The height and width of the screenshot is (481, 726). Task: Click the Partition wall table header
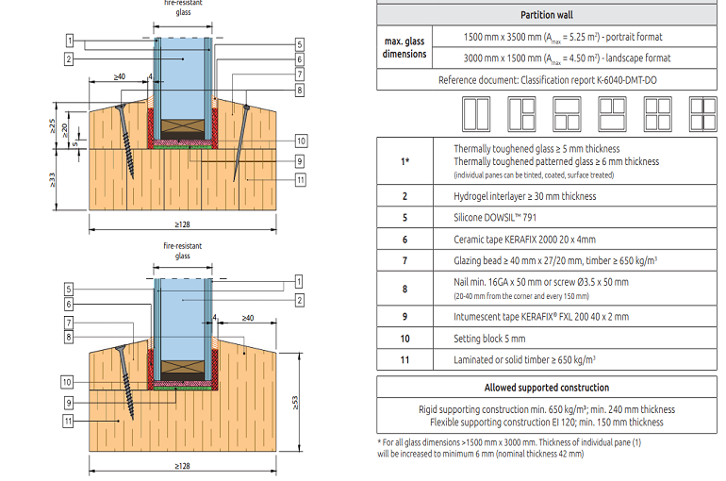pos(546,15)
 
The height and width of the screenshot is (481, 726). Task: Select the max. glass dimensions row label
pos(404,46)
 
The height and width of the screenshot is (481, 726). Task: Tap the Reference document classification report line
pos(547,80)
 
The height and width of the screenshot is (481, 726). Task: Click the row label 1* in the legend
pos(404,161)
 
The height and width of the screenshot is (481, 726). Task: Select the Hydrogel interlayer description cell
pos(525,196)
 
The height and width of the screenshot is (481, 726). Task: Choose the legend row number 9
pos(404,316)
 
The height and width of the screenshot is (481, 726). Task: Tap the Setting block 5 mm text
pos(489,338)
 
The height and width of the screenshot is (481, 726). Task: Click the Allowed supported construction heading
pos(546,387)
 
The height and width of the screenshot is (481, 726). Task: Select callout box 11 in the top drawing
pos(299,179)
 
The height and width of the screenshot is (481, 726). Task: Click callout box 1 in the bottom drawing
pos(299,281)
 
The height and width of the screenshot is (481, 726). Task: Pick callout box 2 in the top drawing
pos(71,59)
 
